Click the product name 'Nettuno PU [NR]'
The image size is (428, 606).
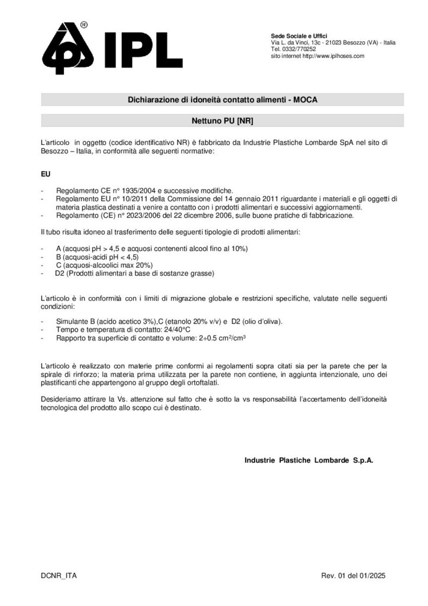(x=222, y=121)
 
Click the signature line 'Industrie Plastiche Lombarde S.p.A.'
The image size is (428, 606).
(x=309, y=459)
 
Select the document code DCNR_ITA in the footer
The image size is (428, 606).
(x=59, y=575)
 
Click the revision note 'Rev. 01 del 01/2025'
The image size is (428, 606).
(x=352, y=575)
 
